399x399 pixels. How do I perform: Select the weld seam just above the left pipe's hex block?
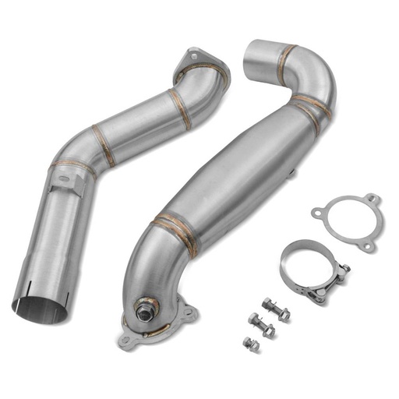pyautogui.click(x=73, y=166)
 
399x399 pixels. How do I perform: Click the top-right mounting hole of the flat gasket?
pyautogui.click(x=373, y=199)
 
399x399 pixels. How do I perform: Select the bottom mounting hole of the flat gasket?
pyautogui.click(x=365, y=246)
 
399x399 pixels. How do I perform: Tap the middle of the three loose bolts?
pyautogui.click(x=263, y=324)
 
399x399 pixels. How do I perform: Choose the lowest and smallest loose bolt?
pyautogui.click(x=252, y=343)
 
